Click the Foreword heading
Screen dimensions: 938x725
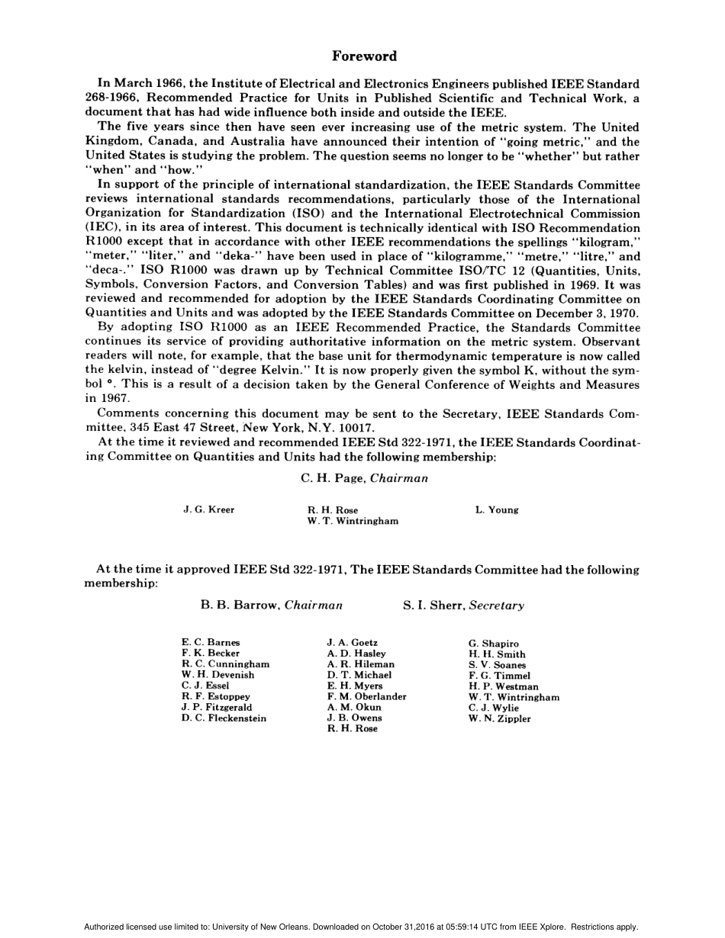click(364, 56)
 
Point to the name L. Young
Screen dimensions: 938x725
click(496, 509)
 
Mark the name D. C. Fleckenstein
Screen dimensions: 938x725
click(224, 718)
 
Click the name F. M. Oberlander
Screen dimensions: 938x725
click(366, 696)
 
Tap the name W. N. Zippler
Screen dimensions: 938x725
click(499, 718)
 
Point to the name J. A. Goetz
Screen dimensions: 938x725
click(352, 643)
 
